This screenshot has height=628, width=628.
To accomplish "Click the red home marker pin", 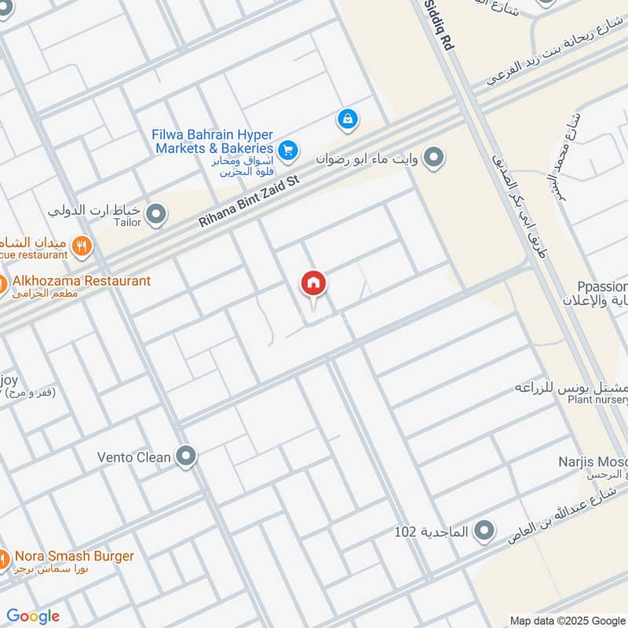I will [x=313, y=283].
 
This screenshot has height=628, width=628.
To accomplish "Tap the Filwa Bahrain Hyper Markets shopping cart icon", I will [x=288, y=148].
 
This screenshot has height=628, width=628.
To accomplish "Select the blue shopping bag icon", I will [x=347, y=120].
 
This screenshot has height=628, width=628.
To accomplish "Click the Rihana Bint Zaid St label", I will [x=249, y=202].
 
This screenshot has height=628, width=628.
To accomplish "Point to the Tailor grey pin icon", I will [x=157, y=214].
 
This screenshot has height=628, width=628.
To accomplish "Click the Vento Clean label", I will [x=133, y=457].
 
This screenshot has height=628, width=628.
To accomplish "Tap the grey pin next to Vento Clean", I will [x=186, y=456].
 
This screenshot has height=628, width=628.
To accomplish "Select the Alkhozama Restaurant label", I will [x=82, y=280].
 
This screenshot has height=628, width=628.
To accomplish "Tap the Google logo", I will [x=33, y=616].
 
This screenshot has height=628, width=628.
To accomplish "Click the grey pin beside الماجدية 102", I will [x=485, y=531].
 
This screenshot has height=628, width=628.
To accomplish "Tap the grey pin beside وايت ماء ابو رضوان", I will [x=433, y=159].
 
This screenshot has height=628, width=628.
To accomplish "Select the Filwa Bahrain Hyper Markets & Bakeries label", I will [x=213, y=141].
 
